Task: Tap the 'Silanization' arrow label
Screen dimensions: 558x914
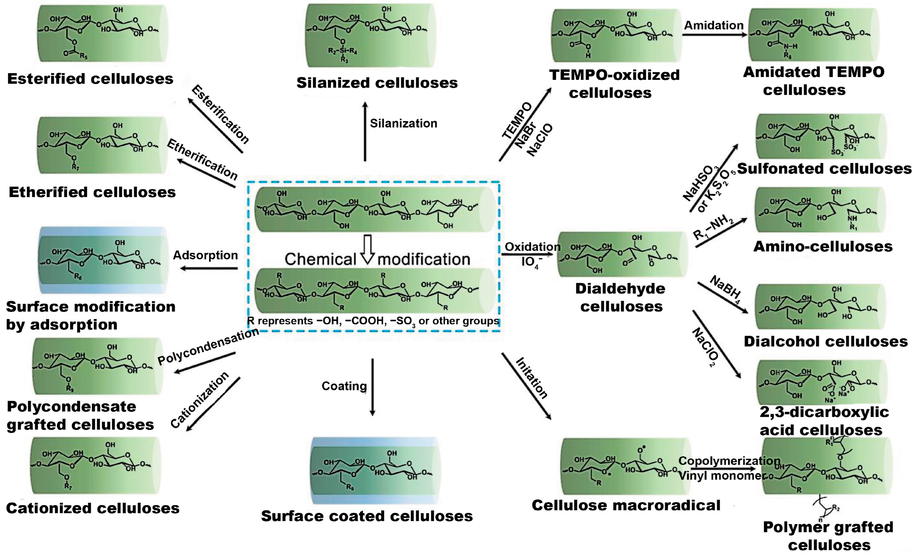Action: (x=404, y=123)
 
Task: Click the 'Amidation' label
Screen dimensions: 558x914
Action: (x=714, y=25)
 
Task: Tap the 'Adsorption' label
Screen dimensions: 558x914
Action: (x=205, y=255)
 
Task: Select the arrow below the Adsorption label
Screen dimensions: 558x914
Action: (x=209, y=268)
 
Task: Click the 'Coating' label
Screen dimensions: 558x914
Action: (x=344, y=386)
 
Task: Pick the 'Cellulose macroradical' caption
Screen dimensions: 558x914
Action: (x=626, y=505)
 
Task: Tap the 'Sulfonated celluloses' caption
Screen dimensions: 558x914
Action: (x=824, y=169)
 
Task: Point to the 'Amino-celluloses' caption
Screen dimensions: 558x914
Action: (x=823, y=247)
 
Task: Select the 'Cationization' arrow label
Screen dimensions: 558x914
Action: (x=200, y=400)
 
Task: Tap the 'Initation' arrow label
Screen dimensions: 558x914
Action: (x=531, y=378)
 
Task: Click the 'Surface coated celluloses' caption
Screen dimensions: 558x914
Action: (x=367, y=516)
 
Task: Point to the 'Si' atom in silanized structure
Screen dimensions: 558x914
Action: (x=343, y=51)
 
